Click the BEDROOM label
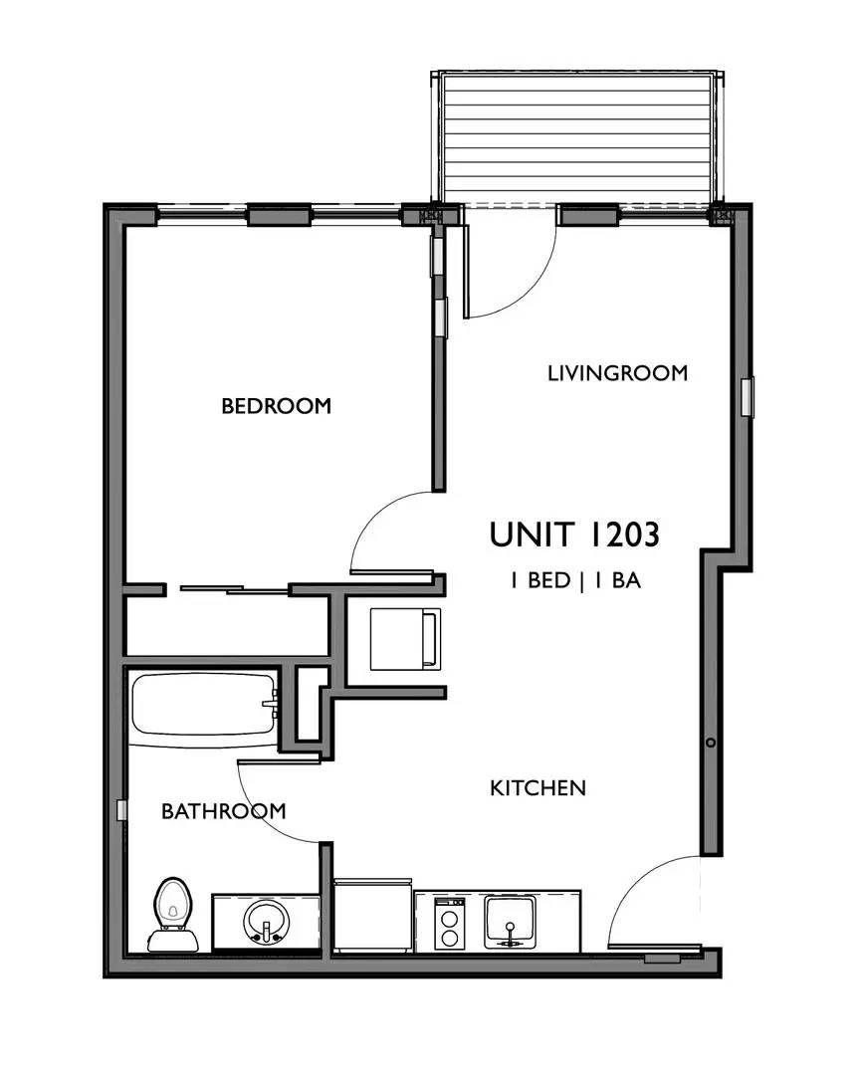click(x=276, y=406)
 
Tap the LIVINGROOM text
click(x=617, y=373)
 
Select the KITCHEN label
click(x=537, y=788)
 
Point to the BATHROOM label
click(x=223, y=811)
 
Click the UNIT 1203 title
click(x=574, y=535)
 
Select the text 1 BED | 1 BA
click(x=574, y=581)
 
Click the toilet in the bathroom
click(x=173, y=914)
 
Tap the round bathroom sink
click(x=266, y=921)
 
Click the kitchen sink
click(x=511, y=921)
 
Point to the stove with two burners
click(x=450, y=922)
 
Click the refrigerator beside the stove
click(x=373, y=916)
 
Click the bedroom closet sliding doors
click(x=234, y=590)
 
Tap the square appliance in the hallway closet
click(x=404, y=639)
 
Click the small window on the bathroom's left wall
click(x=121, y=810)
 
